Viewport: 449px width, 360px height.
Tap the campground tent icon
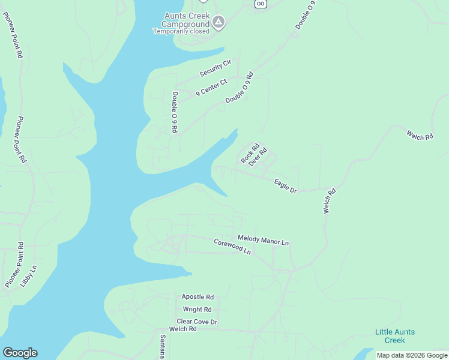[219, 23]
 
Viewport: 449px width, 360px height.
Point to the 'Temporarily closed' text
[181, 31]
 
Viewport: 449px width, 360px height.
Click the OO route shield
[260, 4]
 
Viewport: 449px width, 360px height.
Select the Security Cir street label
[215, 68]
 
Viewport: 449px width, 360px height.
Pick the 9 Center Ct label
[212, 88]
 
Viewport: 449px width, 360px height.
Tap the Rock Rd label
[250, 153]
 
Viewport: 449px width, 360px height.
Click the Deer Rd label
[258, 157]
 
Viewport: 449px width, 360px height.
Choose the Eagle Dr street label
[285, 186]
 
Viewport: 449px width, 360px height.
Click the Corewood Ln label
[232, 247]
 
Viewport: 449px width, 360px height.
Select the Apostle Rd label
[197, 297]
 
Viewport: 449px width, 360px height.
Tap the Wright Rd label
[197, 310]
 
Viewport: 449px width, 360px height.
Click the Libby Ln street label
[28, 275]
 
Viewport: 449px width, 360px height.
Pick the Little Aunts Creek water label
[394, 336]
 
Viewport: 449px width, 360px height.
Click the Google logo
[20, 353]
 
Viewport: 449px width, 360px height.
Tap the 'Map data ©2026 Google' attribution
[412, 355]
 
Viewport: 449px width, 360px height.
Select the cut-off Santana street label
[162, 347]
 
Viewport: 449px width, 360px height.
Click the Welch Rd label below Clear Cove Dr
[183, 329]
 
